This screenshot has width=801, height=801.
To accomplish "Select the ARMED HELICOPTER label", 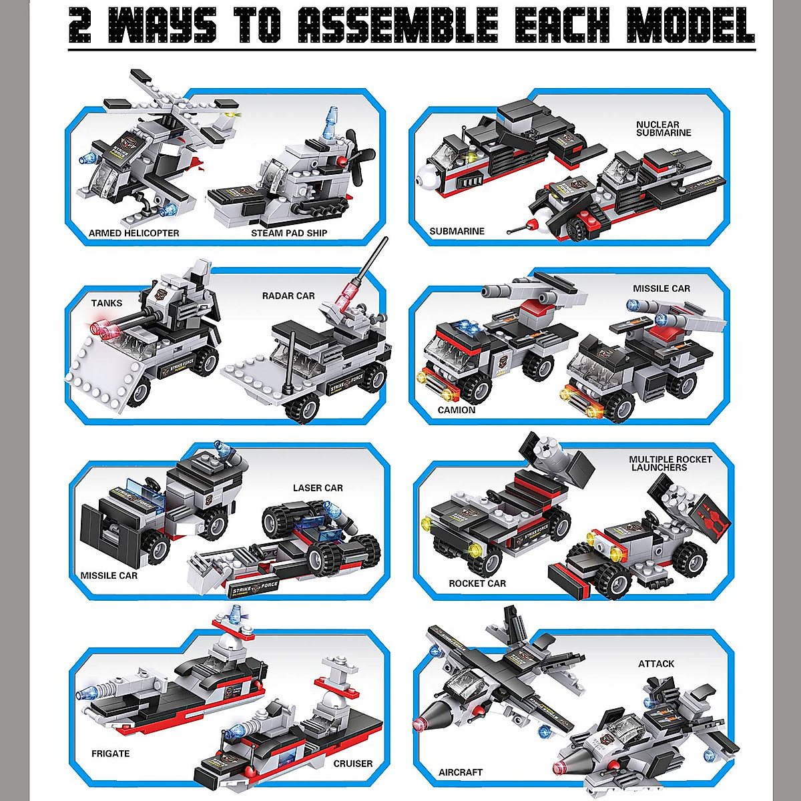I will point(133,234).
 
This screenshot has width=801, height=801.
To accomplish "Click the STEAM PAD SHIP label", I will point(289,234).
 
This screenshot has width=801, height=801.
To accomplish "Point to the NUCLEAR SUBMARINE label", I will point(663,129).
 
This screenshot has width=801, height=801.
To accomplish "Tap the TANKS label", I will point(107,303).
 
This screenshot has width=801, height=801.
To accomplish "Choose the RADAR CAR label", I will point(288,296).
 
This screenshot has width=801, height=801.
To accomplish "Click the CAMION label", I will point(457,410).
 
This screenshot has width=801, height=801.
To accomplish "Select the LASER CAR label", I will point(318,488).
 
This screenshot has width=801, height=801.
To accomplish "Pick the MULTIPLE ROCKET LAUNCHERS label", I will point(670,463).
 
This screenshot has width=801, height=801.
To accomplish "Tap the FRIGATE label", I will point(110,754).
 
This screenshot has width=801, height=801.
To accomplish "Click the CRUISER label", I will point(352,764).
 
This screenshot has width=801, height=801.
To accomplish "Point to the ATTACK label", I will point(655,663).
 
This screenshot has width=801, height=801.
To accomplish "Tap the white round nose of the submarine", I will point(425,177).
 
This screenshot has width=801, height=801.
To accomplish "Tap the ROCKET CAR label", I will point(477,583).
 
